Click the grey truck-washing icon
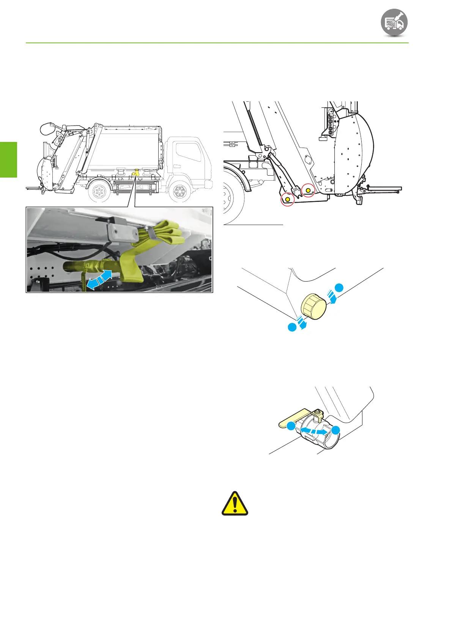click(x=394, y=22)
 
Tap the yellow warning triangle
click(x=235, y=504)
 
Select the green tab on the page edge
click(x=8, y=159)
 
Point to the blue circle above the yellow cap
click(x=339, y=287)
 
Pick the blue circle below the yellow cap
click(x=292, y=327)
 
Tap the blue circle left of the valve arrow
click(x=291, y=427)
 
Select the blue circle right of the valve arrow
click(x=335, y=430)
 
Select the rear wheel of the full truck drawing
click(x=99, y=191)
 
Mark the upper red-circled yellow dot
click(x=308, y=190)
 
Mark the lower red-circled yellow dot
click(x=287, y=199)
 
